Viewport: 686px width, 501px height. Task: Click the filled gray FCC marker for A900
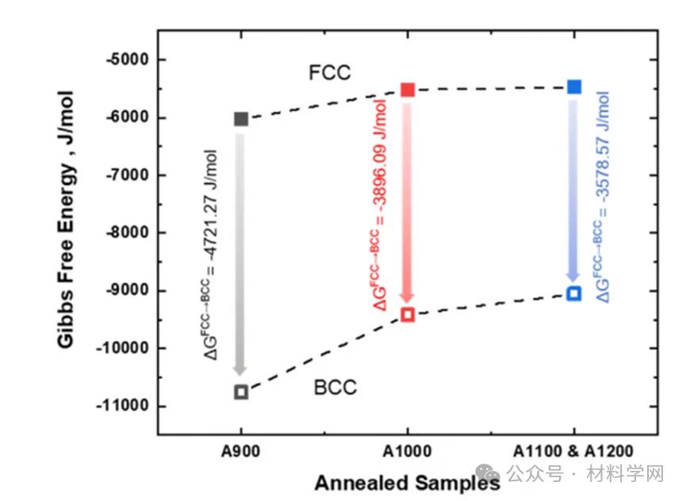pyautogui.click(x=241, y=119)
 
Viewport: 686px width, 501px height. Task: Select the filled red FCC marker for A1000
pyautogui.click(x=408, y=90)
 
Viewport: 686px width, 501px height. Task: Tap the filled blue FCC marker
pyautogui.click(x=574, y=86)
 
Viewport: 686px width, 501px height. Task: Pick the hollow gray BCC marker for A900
pyautogui.click(x=241, y=392)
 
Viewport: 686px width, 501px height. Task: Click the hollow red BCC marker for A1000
pyautogui.click(x=408, y=315)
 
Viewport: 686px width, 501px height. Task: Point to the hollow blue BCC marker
pyautogui.click(x=574, y=294)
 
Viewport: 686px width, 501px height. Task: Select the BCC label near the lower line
pyautogui.click(x=335, y=388)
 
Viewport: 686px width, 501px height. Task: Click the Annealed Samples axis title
pyautogui.click(x=407, y=482)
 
